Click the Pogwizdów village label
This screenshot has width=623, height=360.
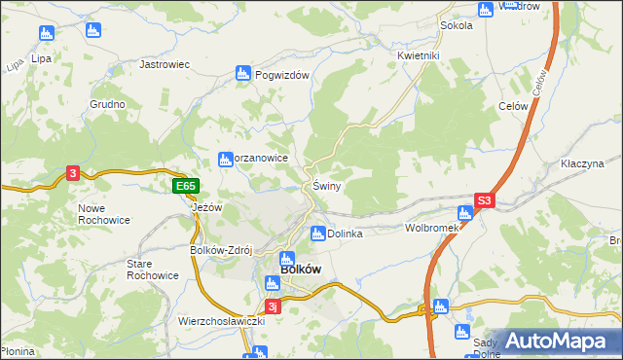coord(281,75)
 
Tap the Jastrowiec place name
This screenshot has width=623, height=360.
coord(164,64)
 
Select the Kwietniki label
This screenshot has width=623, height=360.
coord(420,55)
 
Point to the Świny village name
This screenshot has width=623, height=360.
coord(326,186)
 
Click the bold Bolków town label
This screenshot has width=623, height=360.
coord(301,270)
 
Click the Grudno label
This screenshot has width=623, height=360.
coord(108,104)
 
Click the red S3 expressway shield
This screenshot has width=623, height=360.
coord(486,202)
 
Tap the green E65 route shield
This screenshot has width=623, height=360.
coord(186,186)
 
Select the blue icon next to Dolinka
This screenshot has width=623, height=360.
coord(317,233)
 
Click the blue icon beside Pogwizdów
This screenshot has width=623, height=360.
coord(243,73)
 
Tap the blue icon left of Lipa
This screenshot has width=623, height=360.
coord(44,34)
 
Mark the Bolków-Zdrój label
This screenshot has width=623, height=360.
coord(220,250)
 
